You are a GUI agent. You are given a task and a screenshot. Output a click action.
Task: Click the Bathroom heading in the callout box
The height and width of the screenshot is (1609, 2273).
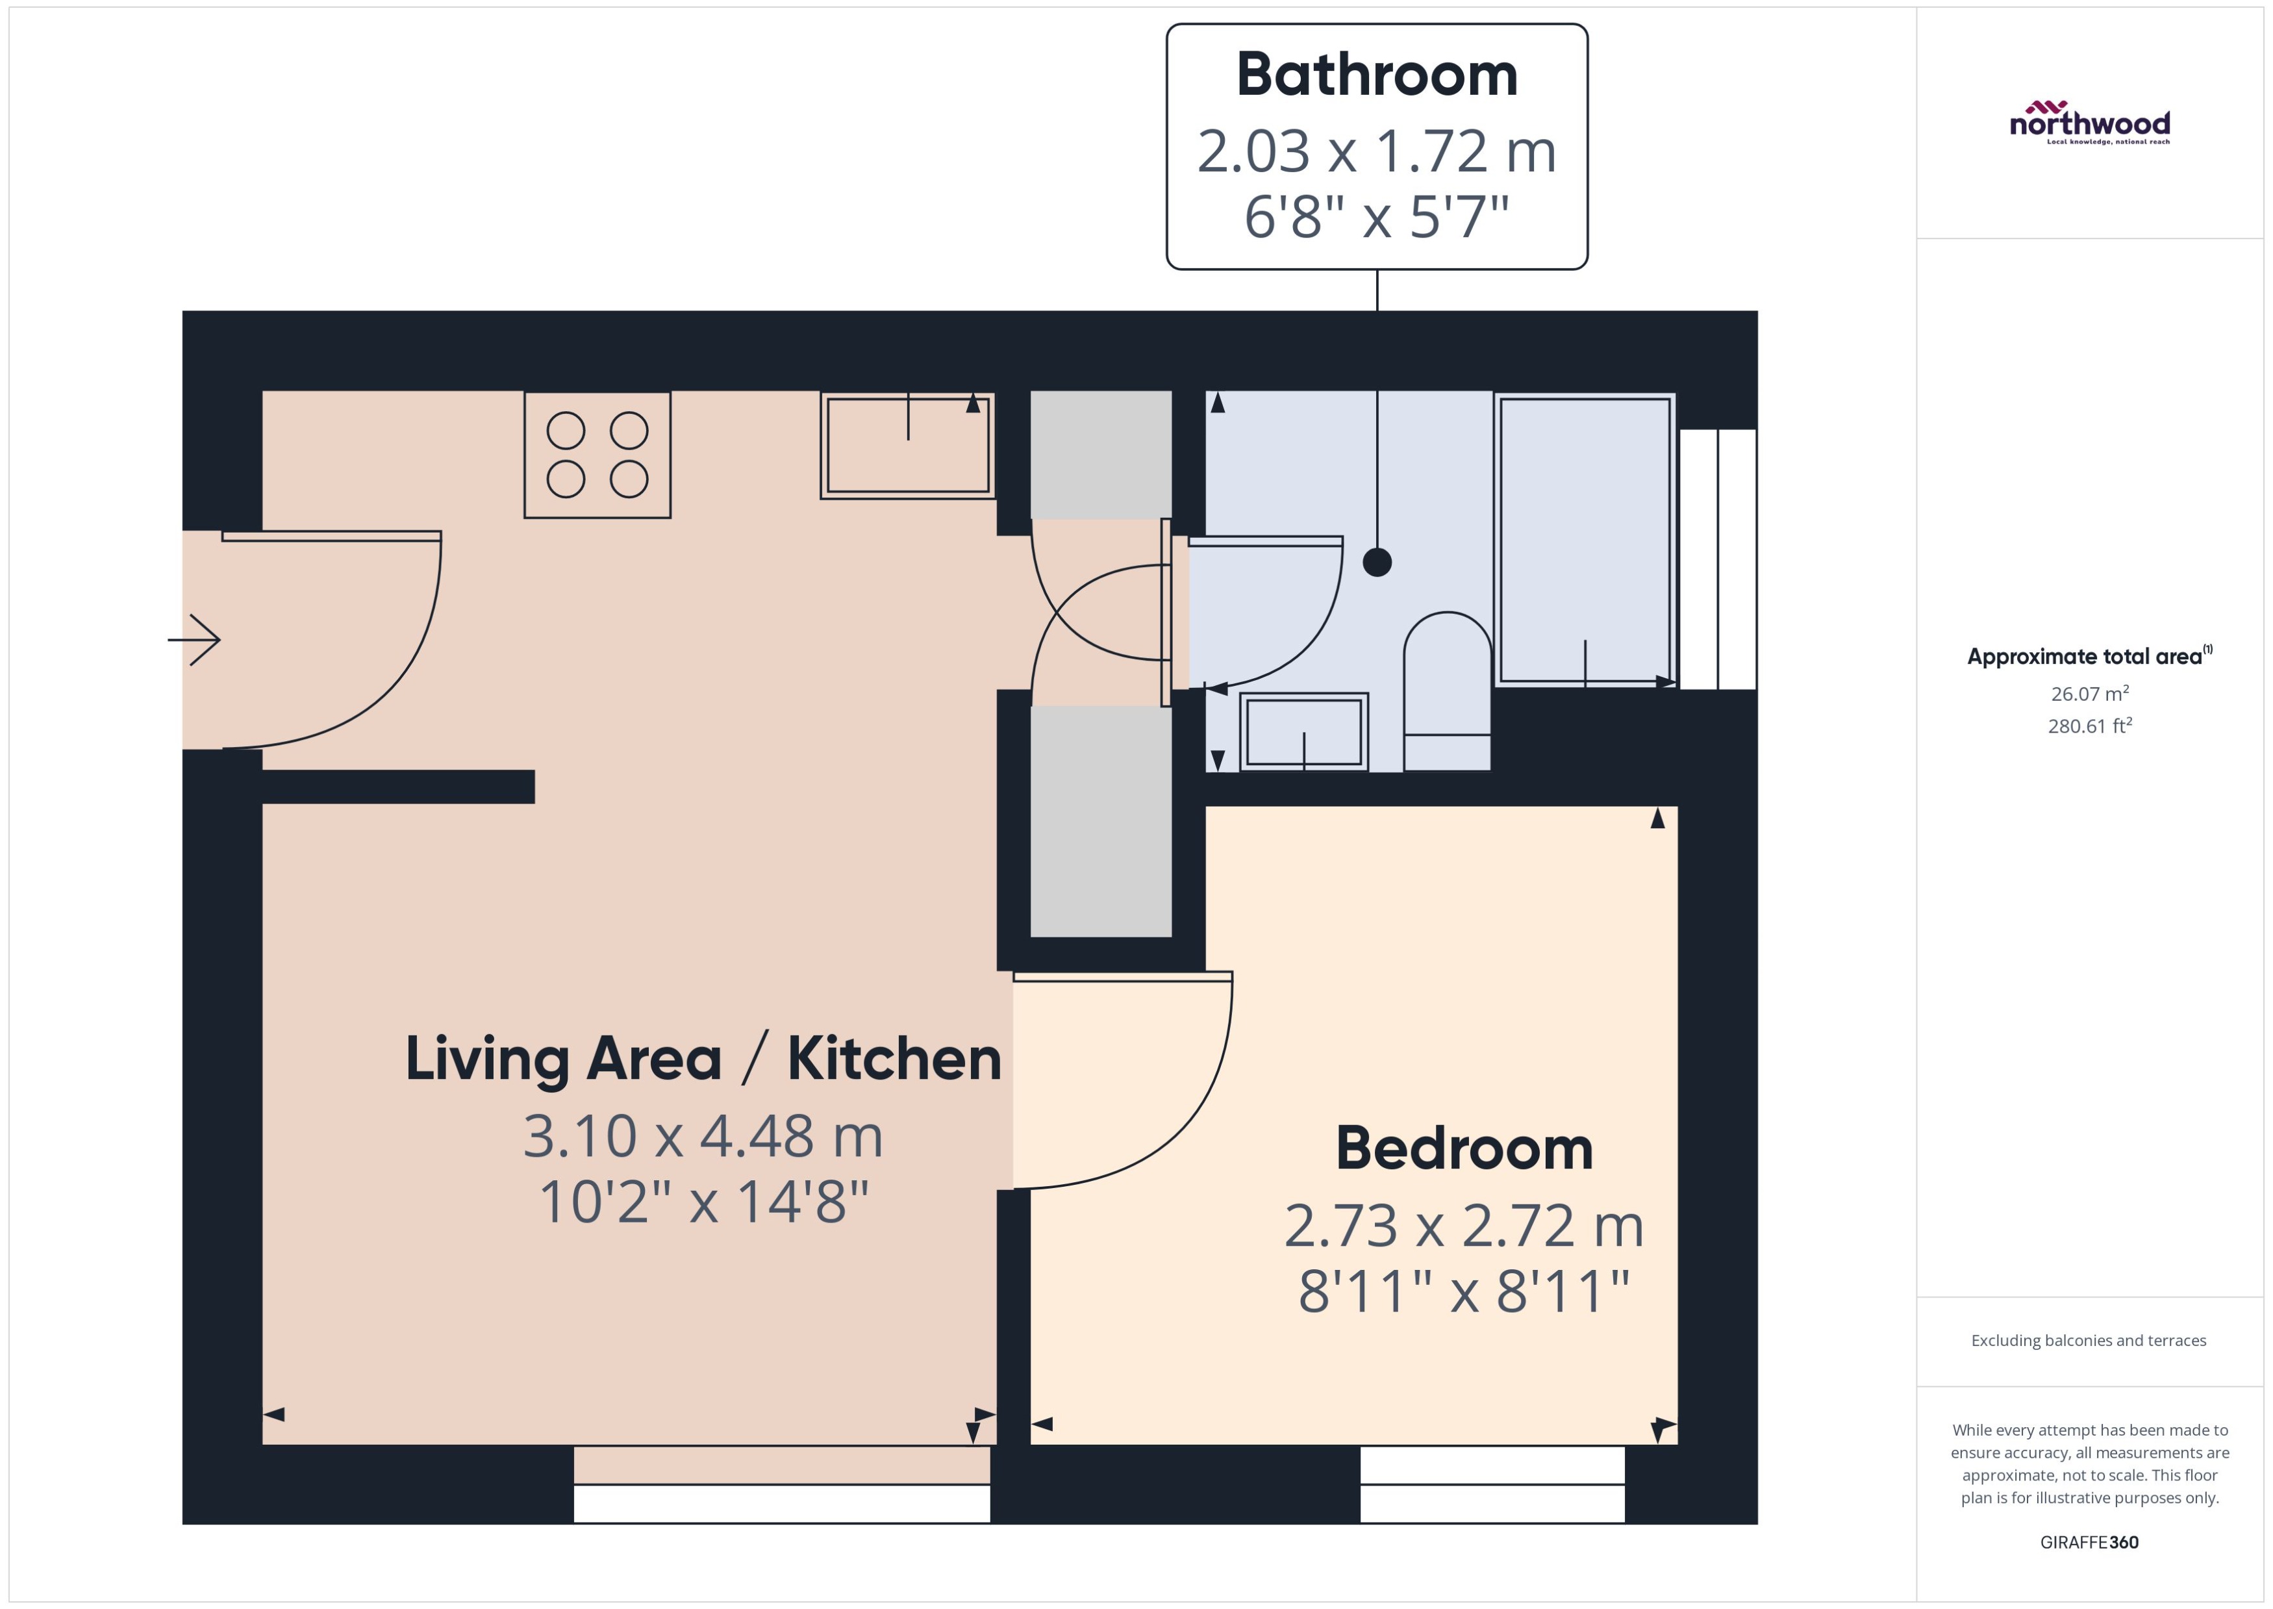click(1377, 75)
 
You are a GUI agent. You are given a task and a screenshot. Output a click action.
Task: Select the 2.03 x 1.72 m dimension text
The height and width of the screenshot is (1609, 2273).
click(1377, 151)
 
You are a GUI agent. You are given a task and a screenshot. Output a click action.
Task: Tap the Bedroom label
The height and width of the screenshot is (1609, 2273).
click(1464, 1149)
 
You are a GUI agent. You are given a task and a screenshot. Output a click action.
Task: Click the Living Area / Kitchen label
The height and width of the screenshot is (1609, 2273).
click(703, 1059)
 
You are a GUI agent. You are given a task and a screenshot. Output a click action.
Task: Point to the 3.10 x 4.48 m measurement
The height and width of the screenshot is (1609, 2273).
click(703, 1136)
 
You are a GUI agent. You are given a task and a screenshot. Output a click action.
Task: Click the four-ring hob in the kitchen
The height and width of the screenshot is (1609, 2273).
click(597, 455)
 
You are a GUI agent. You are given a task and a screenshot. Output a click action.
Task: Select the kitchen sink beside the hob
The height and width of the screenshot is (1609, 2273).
click(907, 446)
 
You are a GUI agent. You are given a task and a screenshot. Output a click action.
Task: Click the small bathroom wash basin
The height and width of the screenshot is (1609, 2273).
click(1303, 732)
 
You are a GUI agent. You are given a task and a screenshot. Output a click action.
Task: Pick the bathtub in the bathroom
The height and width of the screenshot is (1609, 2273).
click(1585, 540)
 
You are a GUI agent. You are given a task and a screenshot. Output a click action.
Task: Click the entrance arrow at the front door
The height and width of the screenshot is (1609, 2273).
click(195, 640)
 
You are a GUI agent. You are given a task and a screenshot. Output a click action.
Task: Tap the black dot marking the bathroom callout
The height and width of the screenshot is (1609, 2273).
click(1377, 563)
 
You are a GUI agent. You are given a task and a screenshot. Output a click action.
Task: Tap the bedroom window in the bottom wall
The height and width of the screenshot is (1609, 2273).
click(1492, 1484)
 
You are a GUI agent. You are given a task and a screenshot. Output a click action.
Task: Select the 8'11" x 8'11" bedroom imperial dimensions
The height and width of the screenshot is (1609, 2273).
click(1464, 1292)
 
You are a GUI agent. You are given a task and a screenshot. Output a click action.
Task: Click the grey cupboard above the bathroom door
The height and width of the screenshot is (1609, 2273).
click(1100, 455)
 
